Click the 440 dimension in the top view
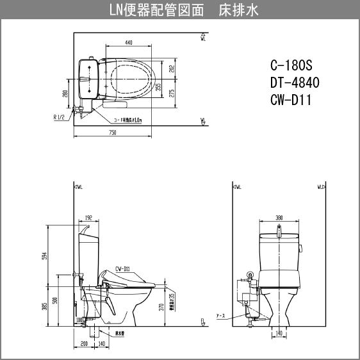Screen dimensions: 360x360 click(128, 42)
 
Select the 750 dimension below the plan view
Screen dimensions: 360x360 click(112, 133)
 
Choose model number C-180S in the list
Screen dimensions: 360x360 click(292, 66)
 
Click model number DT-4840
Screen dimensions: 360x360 click(295, 83)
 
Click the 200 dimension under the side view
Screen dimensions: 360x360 click(85, 344)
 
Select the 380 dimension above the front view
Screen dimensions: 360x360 click(279, 218)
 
